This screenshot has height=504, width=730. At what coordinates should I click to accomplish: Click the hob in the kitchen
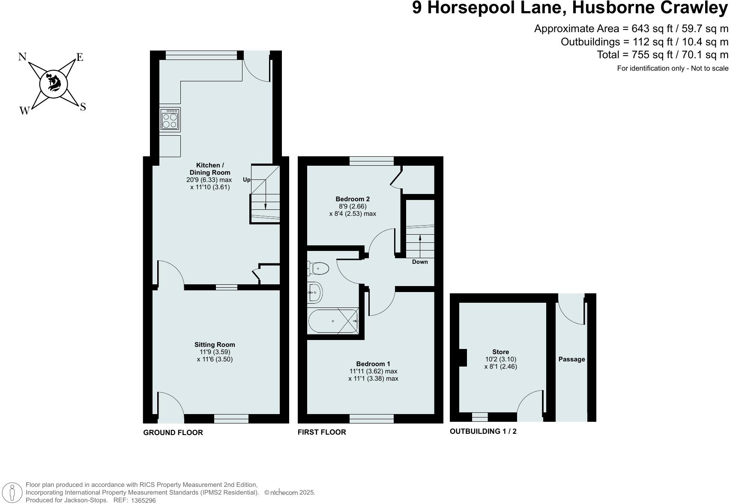point(170,119)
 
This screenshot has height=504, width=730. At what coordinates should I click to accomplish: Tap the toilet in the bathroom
point(318,268)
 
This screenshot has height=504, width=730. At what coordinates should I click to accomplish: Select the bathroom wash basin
point(314,292)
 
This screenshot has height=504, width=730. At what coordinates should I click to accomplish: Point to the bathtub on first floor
point(333,321)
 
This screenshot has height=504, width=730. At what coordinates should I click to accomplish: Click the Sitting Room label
point(215,344)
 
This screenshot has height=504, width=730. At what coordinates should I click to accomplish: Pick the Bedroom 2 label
point(352,199)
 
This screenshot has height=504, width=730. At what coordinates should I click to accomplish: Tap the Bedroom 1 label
point(373,364)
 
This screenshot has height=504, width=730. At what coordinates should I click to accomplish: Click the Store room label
point(500,352)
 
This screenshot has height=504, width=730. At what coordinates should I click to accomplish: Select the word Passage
point(571,359)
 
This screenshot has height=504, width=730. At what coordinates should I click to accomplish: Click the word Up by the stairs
point(246,179)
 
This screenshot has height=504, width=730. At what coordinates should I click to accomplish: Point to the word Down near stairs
point(420,262)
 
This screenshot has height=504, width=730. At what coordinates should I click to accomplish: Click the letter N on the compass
point(23,57)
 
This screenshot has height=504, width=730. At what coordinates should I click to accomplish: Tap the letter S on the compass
point(83,107)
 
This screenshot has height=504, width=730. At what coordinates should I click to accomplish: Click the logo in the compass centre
point(54,83)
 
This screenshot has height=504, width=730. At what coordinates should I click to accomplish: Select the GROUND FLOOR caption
point(173,432)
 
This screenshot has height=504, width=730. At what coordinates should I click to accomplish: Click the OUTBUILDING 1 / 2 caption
point(483,431)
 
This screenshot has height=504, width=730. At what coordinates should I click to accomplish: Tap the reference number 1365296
point(143,500)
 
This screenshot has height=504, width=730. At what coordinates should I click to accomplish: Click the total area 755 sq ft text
point(662,55)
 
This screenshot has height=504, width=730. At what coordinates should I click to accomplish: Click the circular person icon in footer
point(13,492)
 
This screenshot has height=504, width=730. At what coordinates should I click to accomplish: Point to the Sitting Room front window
point(231,418)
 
